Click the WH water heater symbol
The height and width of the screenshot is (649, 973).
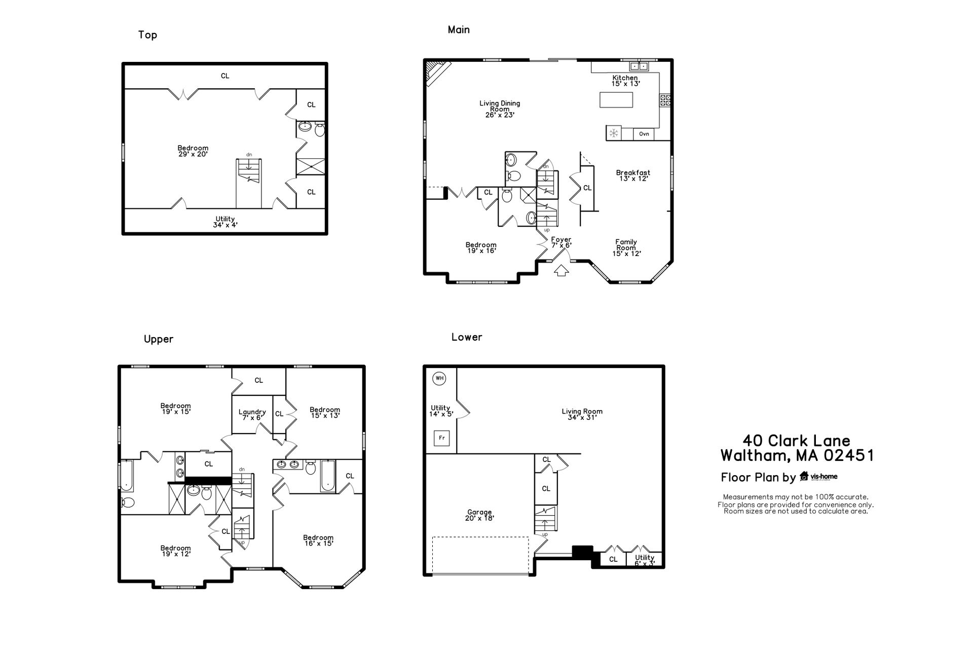coord(439,378)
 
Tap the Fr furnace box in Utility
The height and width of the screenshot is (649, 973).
coord(441,438)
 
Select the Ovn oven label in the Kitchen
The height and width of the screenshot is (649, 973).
coord(644,134)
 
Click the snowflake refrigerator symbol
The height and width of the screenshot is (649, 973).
coord(614,133)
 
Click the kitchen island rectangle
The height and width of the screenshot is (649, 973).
coord(616,100)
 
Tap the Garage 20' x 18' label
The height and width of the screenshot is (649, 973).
coord(479,515)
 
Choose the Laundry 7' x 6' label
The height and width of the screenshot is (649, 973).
coord(252,415)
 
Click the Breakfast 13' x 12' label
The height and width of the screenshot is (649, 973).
coord(633,175)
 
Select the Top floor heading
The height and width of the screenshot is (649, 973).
coord(147,35)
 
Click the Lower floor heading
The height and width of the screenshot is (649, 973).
coord(467,337)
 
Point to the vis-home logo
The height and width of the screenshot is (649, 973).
coord(818,477)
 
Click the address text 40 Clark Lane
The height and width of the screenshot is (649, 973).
coord(797,440)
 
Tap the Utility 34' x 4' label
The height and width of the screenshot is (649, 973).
coord(225,222)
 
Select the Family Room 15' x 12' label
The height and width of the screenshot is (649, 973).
coord(626,248)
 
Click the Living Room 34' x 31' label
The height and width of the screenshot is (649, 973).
coord(582,415)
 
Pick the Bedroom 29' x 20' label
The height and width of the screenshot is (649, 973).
coord(193,151)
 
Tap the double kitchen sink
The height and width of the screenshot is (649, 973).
coord(639,66)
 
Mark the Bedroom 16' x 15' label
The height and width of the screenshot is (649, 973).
coord(318,540)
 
